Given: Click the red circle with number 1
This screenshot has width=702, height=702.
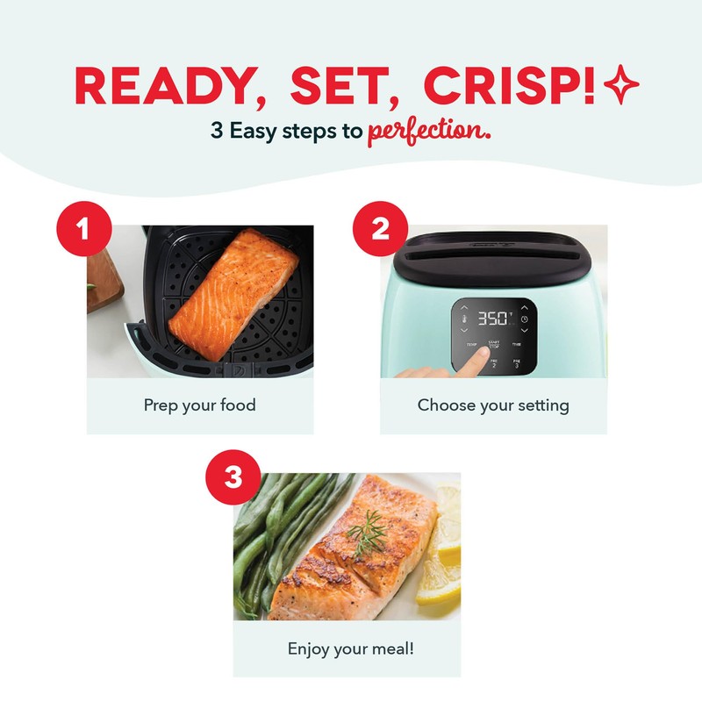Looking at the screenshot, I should click(x=84, y=230).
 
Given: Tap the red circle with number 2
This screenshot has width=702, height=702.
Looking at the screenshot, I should click(x=380, y=230).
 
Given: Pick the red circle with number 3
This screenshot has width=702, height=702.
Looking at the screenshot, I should click(x=233, y=478).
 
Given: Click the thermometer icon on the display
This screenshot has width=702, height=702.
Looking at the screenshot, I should click(x=464, y=319).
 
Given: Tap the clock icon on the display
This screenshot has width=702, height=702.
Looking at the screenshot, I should click(x=524, y=319).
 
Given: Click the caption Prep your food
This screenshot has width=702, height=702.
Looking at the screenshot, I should click(x=200, y=405).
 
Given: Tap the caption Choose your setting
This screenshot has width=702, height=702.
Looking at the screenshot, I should click(x=493, y=405).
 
